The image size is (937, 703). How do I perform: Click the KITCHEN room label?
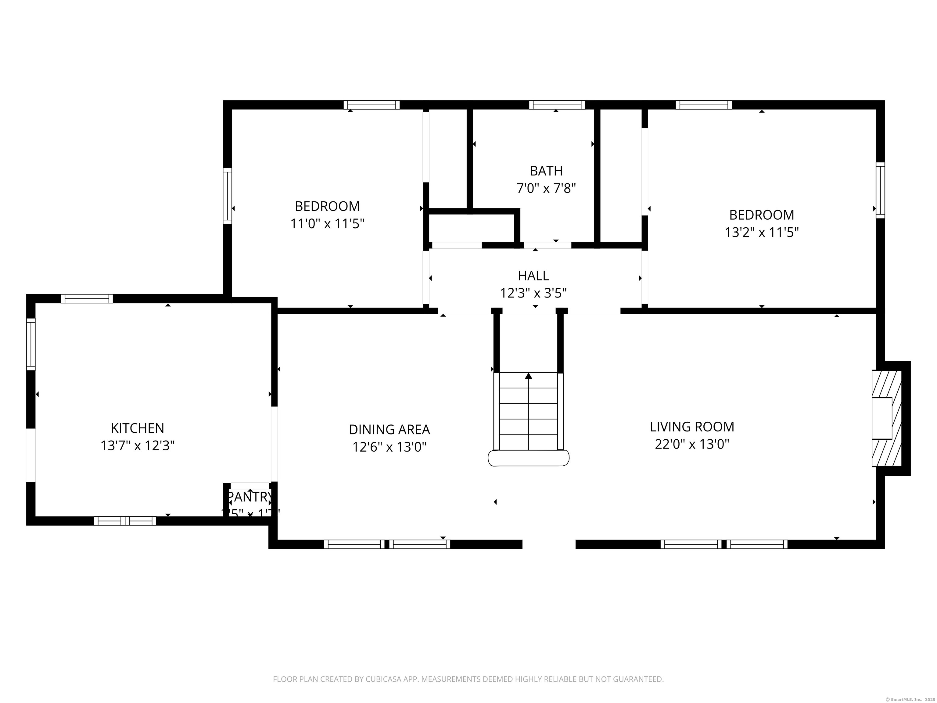point(137,428)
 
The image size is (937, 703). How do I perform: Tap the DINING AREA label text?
point(389,429)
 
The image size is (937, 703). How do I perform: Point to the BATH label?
point(546,171)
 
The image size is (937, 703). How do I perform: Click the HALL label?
point(533,276)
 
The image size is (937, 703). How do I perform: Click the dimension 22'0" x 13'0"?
point(692,444)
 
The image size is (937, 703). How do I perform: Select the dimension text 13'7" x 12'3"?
point(137,446)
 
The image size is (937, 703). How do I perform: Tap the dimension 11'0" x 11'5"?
point(327,224)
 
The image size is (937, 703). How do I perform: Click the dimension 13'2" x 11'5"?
point(761,233)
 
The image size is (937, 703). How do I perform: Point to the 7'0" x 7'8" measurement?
point(546,188)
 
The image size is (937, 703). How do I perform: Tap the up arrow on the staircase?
point(528,376)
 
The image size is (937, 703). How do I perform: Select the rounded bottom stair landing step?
point(528,458)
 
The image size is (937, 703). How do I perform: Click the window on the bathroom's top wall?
point(557,105)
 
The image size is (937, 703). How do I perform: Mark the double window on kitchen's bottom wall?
point(125,521)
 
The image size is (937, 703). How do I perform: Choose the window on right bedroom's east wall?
point(880,190)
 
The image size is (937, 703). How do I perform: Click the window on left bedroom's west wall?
point(228,196)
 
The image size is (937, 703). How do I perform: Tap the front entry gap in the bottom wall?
point(548,544)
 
